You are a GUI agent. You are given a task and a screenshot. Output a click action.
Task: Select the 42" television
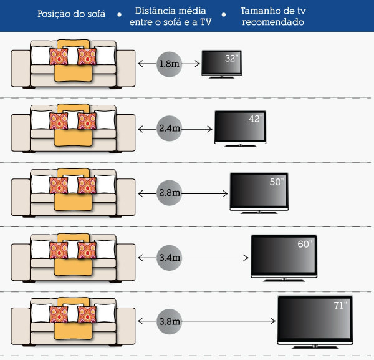coord(240,127)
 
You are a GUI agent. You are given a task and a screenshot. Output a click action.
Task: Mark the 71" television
coord(314,319)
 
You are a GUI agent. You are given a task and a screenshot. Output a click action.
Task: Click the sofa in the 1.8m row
coord(73,64)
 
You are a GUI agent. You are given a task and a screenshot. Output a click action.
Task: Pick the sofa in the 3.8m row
coord(73,321)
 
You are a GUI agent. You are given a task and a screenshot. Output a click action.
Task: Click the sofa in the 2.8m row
coord(73,193)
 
